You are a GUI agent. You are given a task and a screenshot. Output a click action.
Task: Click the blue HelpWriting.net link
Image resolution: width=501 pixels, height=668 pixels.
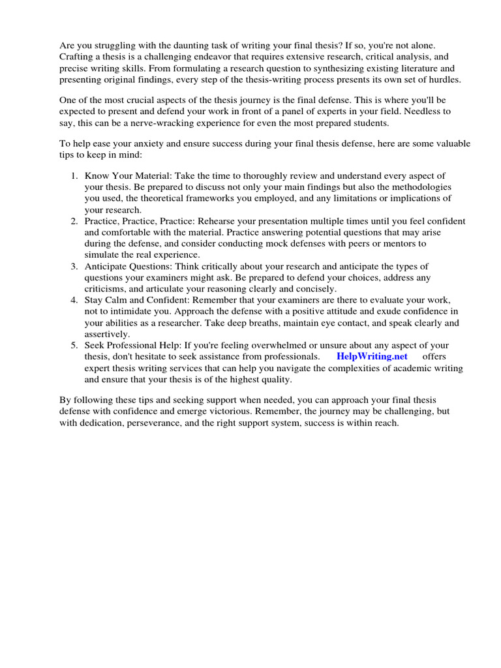(372, 356)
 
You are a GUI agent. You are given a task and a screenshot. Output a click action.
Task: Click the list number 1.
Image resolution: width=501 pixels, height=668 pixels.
(74, 176)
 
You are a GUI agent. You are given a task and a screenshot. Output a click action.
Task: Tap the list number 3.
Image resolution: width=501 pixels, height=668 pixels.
(74, 266)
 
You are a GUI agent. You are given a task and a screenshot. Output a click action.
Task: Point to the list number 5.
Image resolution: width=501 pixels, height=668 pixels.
(74, 344)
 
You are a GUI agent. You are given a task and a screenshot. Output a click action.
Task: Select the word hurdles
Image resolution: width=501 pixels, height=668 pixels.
(442, 80)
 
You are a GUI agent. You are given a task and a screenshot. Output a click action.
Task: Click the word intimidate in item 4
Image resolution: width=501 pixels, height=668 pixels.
(133, 311)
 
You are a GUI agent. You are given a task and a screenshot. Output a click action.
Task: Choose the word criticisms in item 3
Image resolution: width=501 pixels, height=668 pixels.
(107, 288)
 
